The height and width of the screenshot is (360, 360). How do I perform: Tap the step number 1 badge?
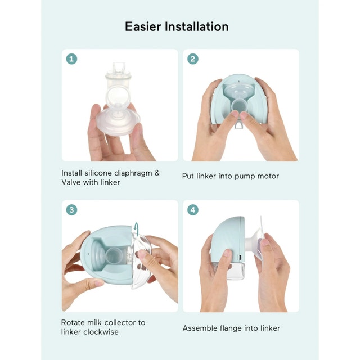(71, 59)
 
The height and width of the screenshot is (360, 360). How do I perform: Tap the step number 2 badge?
(193, 59)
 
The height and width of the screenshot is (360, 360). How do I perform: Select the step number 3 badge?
(71, 210)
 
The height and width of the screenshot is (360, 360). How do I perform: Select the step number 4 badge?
(193, 210)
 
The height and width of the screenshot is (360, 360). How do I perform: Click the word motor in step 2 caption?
(268, 176)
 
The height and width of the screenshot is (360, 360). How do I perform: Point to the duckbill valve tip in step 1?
(119, 66)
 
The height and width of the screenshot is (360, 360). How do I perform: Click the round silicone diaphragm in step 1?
(118, 97)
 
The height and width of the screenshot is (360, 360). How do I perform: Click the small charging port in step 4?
(240, 256)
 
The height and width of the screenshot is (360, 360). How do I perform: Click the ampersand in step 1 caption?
(157, 173)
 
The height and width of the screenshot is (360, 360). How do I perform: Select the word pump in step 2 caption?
(245, 177)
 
